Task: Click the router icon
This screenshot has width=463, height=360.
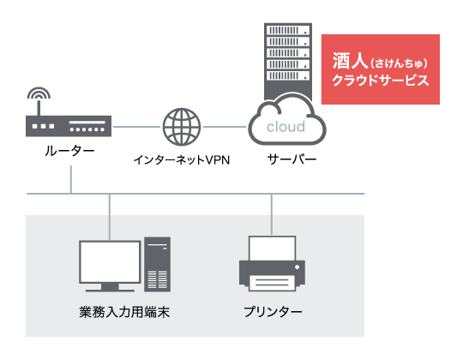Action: (x=69, y=126)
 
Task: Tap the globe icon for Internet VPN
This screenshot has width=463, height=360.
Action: (x=182, y=127)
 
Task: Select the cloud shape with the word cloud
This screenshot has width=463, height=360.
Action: (x=287, y=122)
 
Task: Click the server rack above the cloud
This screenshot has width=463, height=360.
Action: (x=288, y=61)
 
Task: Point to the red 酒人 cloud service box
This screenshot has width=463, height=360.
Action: (x=381, y=69)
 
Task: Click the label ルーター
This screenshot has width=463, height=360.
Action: (x=69, y=151)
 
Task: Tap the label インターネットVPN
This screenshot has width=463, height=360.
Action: (x=181, y=160)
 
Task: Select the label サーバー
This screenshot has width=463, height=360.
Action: (x=292, y=159)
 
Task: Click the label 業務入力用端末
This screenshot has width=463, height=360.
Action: (x=124, y=312)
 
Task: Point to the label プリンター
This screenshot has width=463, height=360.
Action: (x=273, y=312)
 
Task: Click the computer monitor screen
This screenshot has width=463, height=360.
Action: (x=110, y=261)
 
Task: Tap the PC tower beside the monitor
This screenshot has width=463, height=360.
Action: (x=158, y=264)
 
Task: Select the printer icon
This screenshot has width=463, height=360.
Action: (x=272, y=263)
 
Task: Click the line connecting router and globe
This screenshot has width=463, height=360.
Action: (x=136, y=127)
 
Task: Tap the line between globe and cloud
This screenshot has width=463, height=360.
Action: (x=225, y=127)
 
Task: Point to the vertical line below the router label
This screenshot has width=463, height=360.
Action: (x=71, y=179)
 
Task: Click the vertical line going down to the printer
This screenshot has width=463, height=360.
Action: (x=272, y=214)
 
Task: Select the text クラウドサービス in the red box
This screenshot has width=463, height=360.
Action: (x=381, y=81)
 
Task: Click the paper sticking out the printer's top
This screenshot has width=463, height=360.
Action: (x=272, y=249)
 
